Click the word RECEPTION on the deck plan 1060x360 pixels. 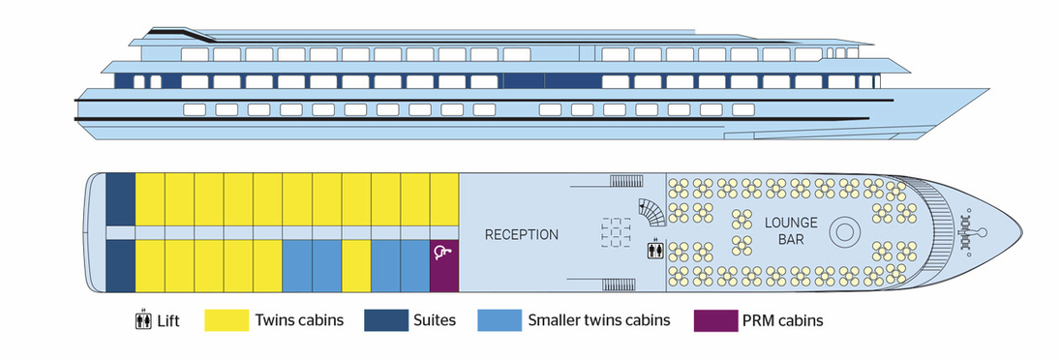coord(521,234)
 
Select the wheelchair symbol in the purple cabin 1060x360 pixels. coord(443,255)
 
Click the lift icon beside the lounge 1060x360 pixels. coord(655,249)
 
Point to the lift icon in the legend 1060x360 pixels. coord(141,320)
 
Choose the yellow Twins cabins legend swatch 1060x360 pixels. coord(225,320)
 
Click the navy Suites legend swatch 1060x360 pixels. coord(385,320)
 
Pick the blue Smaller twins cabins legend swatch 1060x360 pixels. coord(499,320)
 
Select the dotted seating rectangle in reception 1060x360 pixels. coord(615,232)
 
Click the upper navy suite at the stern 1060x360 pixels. coord(120,198)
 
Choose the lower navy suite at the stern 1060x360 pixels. coord(120,265)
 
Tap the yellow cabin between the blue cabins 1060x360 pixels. coord(356,265)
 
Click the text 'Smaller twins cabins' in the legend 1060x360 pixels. coord(598,320)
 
